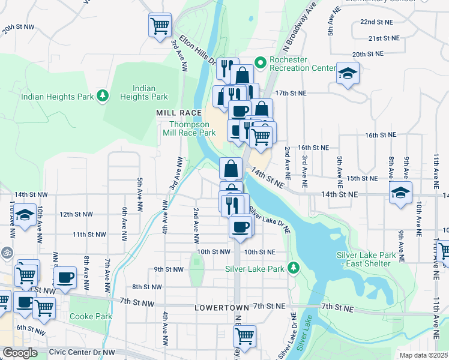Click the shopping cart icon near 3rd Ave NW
click(160, 26)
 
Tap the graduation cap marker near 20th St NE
click(347, 74)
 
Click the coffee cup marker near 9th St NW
click(65, 277)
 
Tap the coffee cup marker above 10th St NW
click(240, 226)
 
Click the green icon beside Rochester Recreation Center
click(261, 62)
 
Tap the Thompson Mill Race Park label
click(189, 128)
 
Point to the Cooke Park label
click(91, 316)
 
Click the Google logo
click(20, 353)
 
